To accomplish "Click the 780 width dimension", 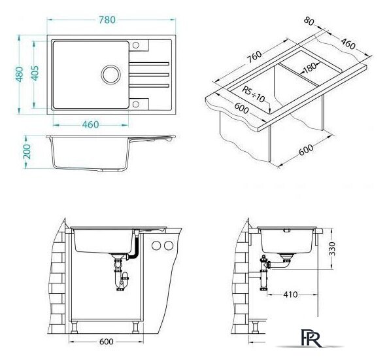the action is tap(107, 20).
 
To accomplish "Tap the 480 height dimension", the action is tap(20, 74).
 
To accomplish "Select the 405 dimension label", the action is tap(35, 73).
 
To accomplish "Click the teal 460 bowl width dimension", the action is tap(91, 124).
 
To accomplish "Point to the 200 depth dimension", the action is tap(27, 152).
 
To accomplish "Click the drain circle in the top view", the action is tap(111, 75).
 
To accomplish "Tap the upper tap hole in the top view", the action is tap(136, 45).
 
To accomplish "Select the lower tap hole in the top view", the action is tap(136, 104).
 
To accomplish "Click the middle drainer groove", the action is tap(149, 75).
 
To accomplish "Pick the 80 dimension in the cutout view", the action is tap(309, 21).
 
